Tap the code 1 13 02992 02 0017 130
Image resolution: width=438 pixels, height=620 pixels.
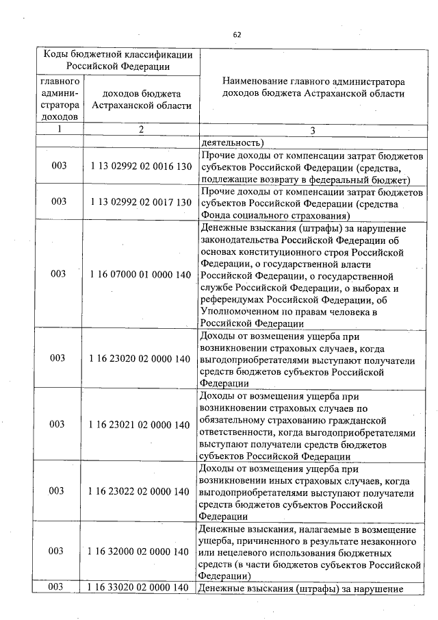coord(140,201)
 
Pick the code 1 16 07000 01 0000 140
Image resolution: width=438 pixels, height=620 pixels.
coord(140,274)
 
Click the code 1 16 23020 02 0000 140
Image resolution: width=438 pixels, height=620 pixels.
coord(140,358)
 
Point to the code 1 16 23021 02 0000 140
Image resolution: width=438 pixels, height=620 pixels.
coord(140,425)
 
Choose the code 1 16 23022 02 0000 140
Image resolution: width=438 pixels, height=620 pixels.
coord(140,491)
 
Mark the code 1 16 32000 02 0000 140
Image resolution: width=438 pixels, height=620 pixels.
coord(140,551)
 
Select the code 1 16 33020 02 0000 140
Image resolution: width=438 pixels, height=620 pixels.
coord(140,587)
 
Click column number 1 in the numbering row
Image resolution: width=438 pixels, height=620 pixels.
coord(60,130)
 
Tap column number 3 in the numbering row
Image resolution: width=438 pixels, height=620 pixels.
coord(313,131)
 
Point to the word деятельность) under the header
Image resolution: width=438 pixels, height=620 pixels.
coord(233,143)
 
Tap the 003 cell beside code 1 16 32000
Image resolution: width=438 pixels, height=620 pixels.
coord(60,551)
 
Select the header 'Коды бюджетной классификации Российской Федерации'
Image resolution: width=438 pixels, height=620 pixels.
coord(117,60)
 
